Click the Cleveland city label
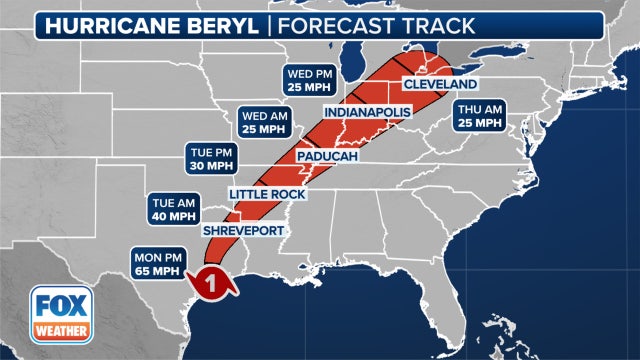pos(440,84)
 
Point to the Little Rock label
pos(267,193)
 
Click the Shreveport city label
pos(244,231)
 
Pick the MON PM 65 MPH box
pos(158,264)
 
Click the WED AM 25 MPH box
pos(265,123)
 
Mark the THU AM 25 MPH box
pos(480,117)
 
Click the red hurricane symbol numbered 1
pos(211,284)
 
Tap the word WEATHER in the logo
pos(58,332)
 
